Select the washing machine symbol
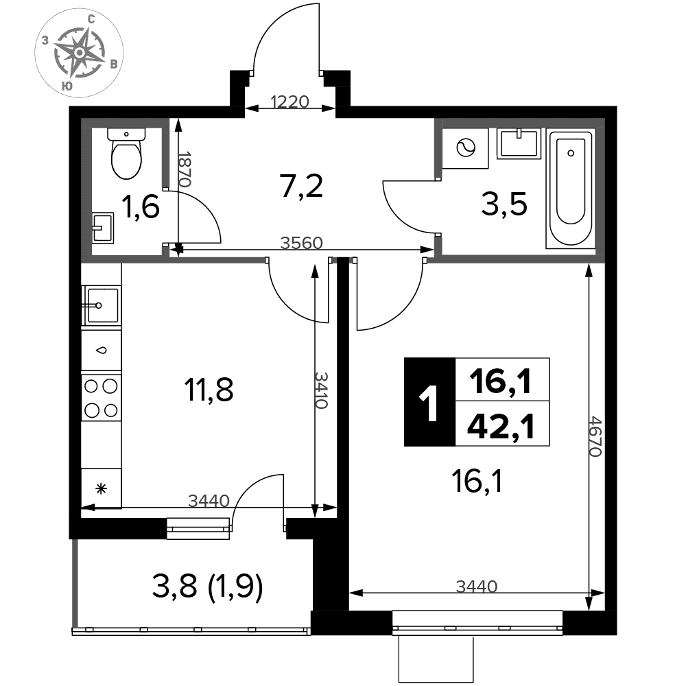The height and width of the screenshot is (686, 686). click(x=465, y=148)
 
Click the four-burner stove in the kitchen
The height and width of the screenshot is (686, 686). click(x=101, y=398)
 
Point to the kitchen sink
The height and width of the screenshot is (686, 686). click(x=102, y=305)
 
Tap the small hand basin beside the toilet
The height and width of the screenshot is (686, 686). click(x=103, y=228)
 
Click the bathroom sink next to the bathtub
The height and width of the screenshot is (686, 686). click(x=519, y=143)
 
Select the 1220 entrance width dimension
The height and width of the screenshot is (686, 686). click(x=289, y=102)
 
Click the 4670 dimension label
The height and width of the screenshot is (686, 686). click(x=595, y=436)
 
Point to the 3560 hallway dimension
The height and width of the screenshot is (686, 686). click(x=301, y=243)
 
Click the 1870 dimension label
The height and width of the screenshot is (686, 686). click(x=185, y=169)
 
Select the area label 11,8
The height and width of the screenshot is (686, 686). click(x=209, y=390)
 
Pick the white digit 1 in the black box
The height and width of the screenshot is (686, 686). click(x=429, y=403)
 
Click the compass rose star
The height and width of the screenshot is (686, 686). click(x=79, y=53)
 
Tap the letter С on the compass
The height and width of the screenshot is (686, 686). click(x=91, y=19)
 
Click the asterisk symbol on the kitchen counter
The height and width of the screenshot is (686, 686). click(x=102, y=488)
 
